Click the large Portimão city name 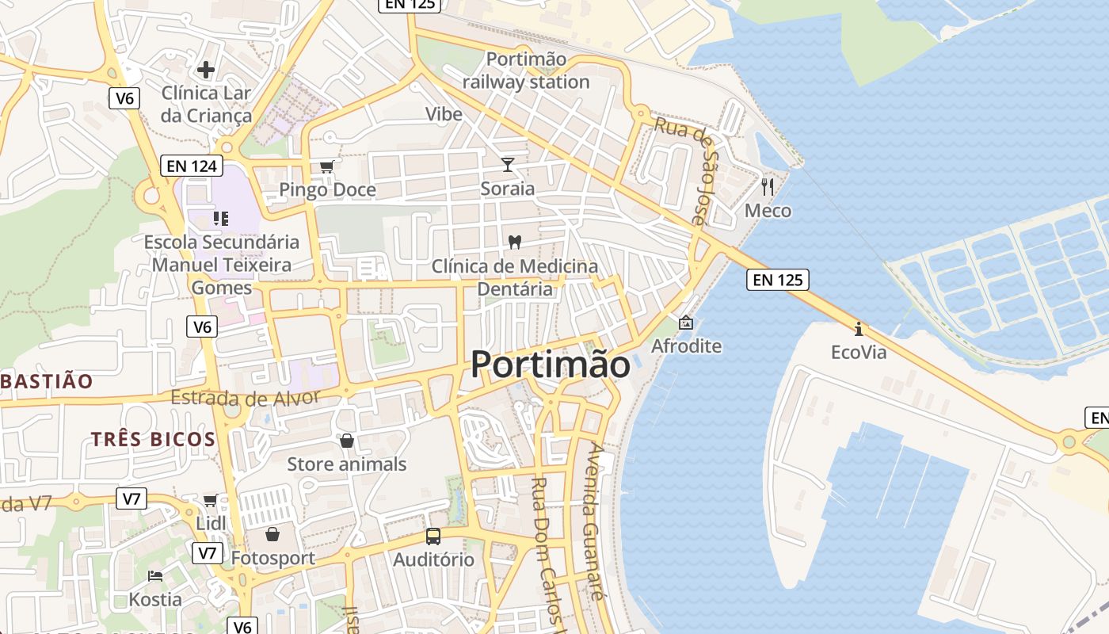(x=551, y=365)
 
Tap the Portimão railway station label (x=526, y=71)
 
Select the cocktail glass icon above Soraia (x=508, y=165)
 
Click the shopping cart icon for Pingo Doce (x=326, y=166)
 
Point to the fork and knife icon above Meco (x=767, y=187)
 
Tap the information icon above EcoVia (x=858, y=328)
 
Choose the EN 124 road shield (x=191, y=166)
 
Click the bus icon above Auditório (x=433, y=537)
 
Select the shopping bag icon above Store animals (x=346, y=441)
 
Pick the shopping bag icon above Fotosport (x=272, y=534)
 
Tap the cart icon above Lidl (x=210, y=500)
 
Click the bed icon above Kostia (x=155, y=575)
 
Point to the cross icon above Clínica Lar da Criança (x=206, y=70)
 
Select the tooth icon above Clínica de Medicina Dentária (x=515, y=242)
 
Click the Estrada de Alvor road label (x=246, y=398)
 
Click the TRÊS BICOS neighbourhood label (x=153, y=439)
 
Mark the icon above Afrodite (x=685, y=323)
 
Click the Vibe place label (x=444, y=114)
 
